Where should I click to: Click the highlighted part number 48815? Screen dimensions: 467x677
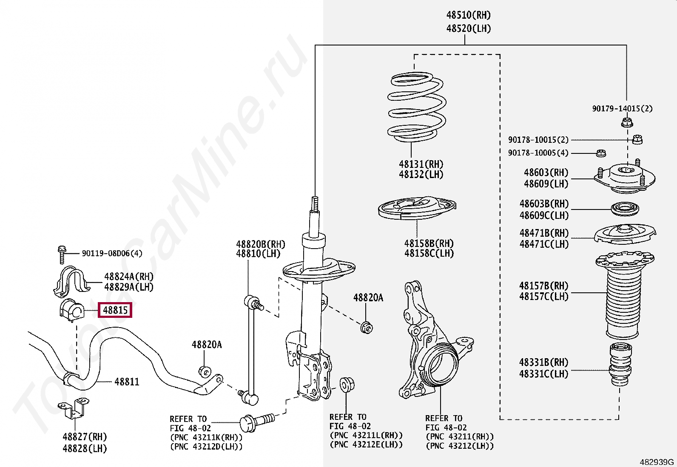pyautogui.click(x=115, y=310)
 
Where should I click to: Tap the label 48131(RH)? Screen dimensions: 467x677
pyautogui.click(x=421, y=164)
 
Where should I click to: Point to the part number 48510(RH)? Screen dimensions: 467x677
pyautogui.click(x=468, y=15)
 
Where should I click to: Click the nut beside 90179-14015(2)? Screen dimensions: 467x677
pyautogui.click(x=626, y=123)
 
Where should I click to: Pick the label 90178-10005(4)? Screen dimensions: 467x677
pyautogui.click(x=538, y=153)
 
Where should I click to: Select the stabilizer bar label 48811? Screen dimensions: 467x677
pyautogui.click(x=127, y=382)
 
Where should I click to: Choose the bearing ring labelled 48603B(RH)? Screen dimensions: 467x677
pyautogui.click(x=625, y=209)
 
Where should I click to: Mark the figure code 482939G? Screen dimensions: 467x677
pyautogui.click(x=657, y=462)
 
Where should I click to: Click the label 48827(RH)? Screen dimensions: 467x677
pyautogui.click(x=85, y=437)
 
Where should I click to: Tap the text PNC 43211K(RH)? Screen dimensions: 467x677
pyautogui.click(x=206, y=437)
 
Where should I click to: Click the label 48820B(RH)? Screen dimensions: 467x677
pyautogui.click(x=260, y=244)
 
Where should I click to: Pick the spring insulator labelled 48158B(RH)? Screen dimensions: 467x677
pyautogui.click(x=417, y=208)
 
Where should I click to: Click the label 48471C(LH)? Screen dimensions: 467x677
pyautogui.click(x=543, y=244)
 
